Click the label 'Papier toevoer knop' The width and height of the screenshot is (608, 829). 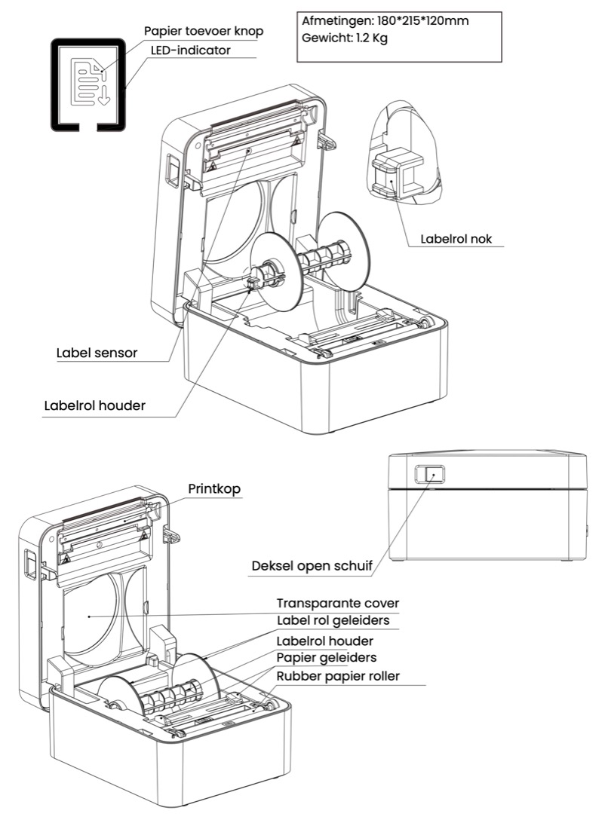click(204, 31)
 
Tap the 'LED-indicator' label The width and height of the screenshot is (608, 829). click(191, 50)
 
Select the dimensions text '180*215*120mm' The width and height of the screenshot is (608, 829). click(422, 21)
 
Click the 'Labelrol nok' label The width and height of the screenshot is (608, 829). click(456, 238)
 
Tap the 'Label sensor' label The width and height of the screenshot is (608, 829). click(97, 353)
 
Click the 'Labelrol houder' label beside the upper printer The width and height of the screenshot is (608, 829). click(95, 405)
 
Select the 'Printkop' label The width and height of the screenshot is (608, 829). click(214, 488)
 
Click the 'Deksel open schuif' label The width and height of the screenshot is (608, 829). click(312, 566)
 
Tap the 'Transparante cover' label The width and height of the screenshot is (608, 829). click(338, 603)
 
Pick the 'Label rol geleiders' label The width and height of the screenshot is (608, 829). click(333, 620)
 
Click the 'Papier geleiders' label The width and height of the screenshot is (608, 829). click(327, 658)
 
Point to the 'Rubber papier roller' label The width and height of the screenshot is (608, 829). click(338, 676)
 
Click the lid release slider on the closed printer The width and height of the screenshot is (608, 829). click(429, 474)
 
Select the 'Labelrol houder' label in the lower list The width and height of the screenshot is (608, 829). click(325, 641)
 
